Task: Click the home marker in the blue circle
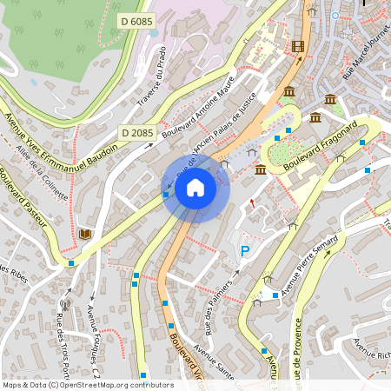coord(195,188)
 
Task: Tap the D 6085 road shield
coord(136,19)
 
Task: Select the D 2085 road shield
coord(136,132)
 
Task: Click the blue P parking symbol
coord(245,251)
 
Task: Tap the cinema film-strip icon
coord(299,47)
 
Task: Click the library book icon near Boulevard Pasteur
coord(85,234)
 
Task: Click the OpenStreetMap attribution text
coord(87,385)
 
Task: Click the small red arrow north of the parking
coord(253,202)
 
